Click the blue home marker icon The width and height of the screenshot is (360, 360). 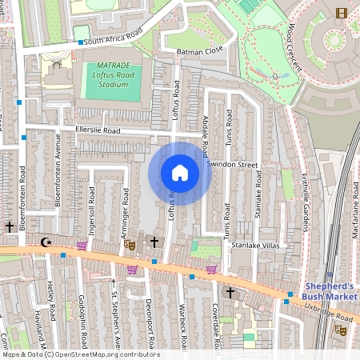pyautogui.click(x=180, y=173)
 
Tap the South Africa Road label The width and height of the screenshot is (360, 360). pyautogui.click(x=114, y=37)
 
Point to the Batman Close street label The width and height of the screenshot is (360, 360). pyautogui.click(x=200, y=51)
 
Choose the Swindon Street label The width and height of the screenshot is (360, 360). pyautogui.click(x=233, y=164)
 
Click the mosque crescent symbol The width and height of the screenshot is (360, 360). pyautogui.click(x=45, y=242)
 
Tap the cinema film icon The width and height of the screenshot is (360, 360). pyautogui.click(x=342, y=12)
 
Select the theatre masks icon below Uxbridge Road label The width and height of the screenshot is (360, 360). pyautogui.click(x=341, y=329)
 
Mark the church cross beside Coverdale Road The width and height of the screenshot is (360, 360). pyautogui.click(x=230, y=294)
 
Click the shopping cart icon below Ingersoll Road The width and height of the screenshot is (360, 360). pyautogui.click(x=81, y=246)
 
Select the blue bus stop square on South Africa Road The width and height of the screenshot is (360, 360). pyautogui.click(x=81, y=42)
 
